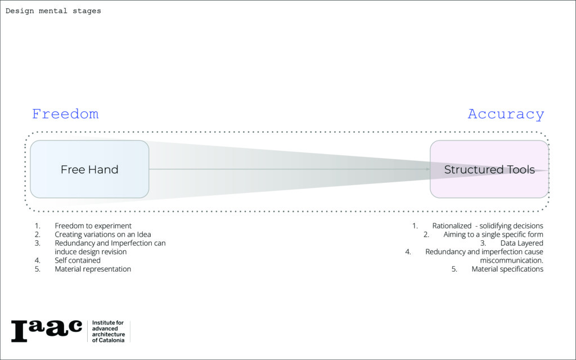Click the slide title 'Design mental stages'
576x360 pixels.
tap(53, 11)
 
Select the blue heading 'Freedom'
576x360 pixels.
tap(65, 114)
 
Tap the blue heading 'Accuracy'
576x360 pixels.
tap(506, 114)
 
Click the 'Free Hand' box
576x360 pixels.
tap(89, 169)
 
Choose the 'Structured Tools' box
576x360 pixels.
tap(489, 169)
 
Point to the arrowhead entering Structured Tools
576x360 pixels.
tap(426, 169)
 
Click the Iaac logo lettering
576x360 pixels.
tap(47, 331)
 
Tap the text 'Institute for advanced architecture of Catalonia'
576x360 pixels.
tap(108, 331)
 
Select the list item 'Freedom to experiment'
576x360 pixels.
tap(93, 226)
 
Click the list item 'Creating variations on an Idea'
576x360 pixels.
tap(103, 235)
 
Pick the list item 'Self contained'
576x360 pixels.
tap(78, 260)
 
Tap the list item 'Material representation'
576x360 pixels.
tap(93, 269)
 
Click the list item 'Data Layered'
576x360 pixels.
tap(521, 243)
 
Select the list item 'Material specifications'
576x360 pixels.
tap(507, 269)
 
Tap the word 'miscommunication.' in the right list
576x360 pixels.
tap(511, 260)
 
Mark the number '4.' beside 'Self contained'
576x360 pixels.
tap(38, 260)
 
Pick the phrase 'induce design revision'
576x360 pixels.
tap(91, 252)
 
